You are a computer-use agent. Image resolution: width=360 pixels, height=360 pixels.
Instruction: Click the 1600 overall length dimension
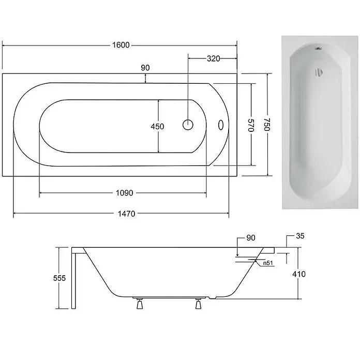click(121, 45)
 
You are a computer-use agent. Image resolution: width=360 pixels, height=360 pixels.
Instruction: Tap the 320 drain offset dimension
click(213, 58)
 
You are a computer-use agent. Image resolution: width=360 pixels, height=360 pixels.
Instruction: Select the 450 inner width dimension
click(157, 126)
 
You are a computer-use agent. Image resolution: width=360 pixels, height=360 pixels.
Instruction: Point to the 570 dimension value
click(251, 125)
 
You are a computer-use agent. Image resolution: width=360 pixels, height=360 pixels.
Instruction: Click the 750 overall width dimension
click(266, 125)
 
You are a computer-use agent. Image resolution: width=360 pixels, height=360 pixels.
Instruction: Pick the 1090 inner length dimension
click(125, 193)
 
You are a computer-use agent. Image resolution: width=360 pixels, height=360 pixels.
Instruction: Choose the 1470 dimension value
click(127, 214)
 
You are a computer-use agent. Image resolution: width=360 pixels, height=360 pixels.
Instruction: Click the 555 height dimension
click(59, 278)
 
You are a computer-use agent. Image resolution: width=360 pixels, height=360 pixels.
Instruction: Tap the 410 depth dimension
click(299, 274)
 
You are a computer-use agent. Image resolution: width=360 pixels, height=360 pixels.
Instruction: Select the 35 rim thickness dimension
click(300, 236)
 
